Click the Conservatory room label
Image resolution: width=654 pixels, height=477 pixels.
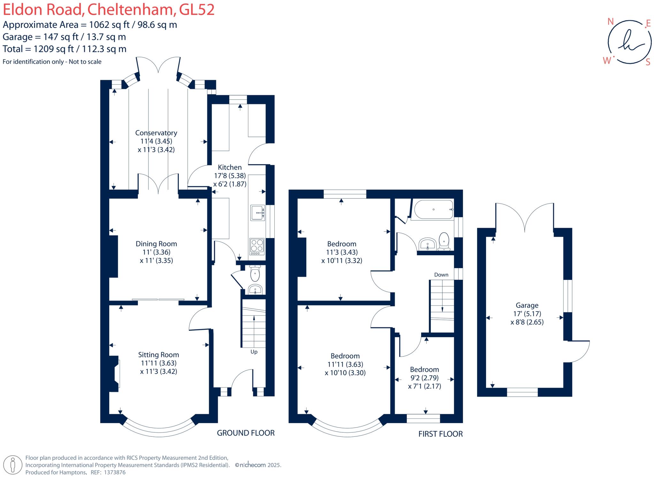coord(156,133)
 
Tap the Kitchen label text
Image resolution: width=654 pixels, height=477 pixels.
coord(230,167)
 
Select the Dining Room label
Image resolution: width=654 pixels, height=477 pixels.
coord(156,244)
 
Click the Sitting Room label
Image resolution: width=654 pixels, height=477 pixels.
coord(158,355)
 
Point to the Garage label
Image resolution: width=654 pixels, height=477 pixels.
coord(527,305)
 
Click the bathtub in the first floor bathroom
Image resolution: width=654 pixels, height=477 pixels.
coord(433,210)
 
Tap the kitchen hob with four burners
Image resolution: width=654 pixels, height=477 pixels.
coord(257,247)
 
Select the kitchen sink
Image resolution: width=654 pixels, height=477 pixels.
coord(257,213)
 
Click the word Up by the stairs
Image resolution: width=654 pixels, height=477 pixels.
coord(254,352)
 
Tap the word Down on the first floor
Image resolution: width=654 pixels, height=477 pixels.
coord(441,275)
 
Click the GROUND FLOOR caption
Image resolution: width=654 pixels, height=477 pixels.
coord(246,433)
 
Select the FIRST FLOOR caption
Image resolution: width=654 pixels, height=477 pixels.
coord(440,434)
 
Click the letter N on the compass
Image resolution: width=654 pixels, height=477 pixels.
coord(611,22)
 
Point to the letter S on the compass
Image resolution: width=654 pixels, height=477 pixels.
coord(648,62)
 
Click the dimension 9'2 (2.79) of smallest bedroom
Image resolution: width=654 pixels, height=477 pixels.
coord(424,378)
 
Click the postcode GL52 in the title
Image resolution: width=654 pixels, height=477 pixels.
coord(196,10)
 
